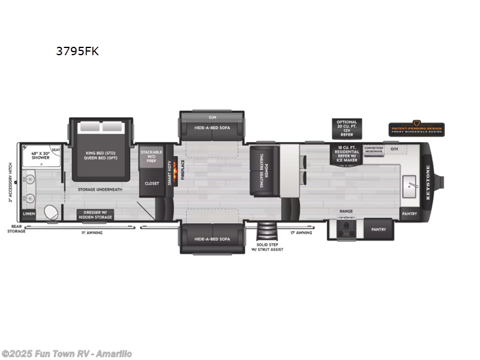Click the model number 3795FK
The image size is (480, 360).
[77, 52]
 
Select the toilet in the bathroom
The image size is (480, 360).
[52, 211]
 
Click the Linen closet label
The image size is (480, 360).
[29, 214]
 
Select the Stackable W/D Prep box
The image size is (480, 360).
[151, 157]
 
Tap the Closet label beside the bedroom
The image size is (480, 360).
[152, 183]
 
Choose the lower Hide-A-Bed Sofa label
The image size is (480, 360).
[212, 239]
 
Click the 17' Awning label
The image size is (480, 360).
[301, 232]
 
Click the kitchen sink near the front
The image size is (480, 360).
[410, 182]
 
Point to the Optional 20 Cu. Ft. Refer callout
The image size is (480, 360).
[346, 128]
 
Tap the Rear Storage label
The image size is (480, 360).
[16, 229]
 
